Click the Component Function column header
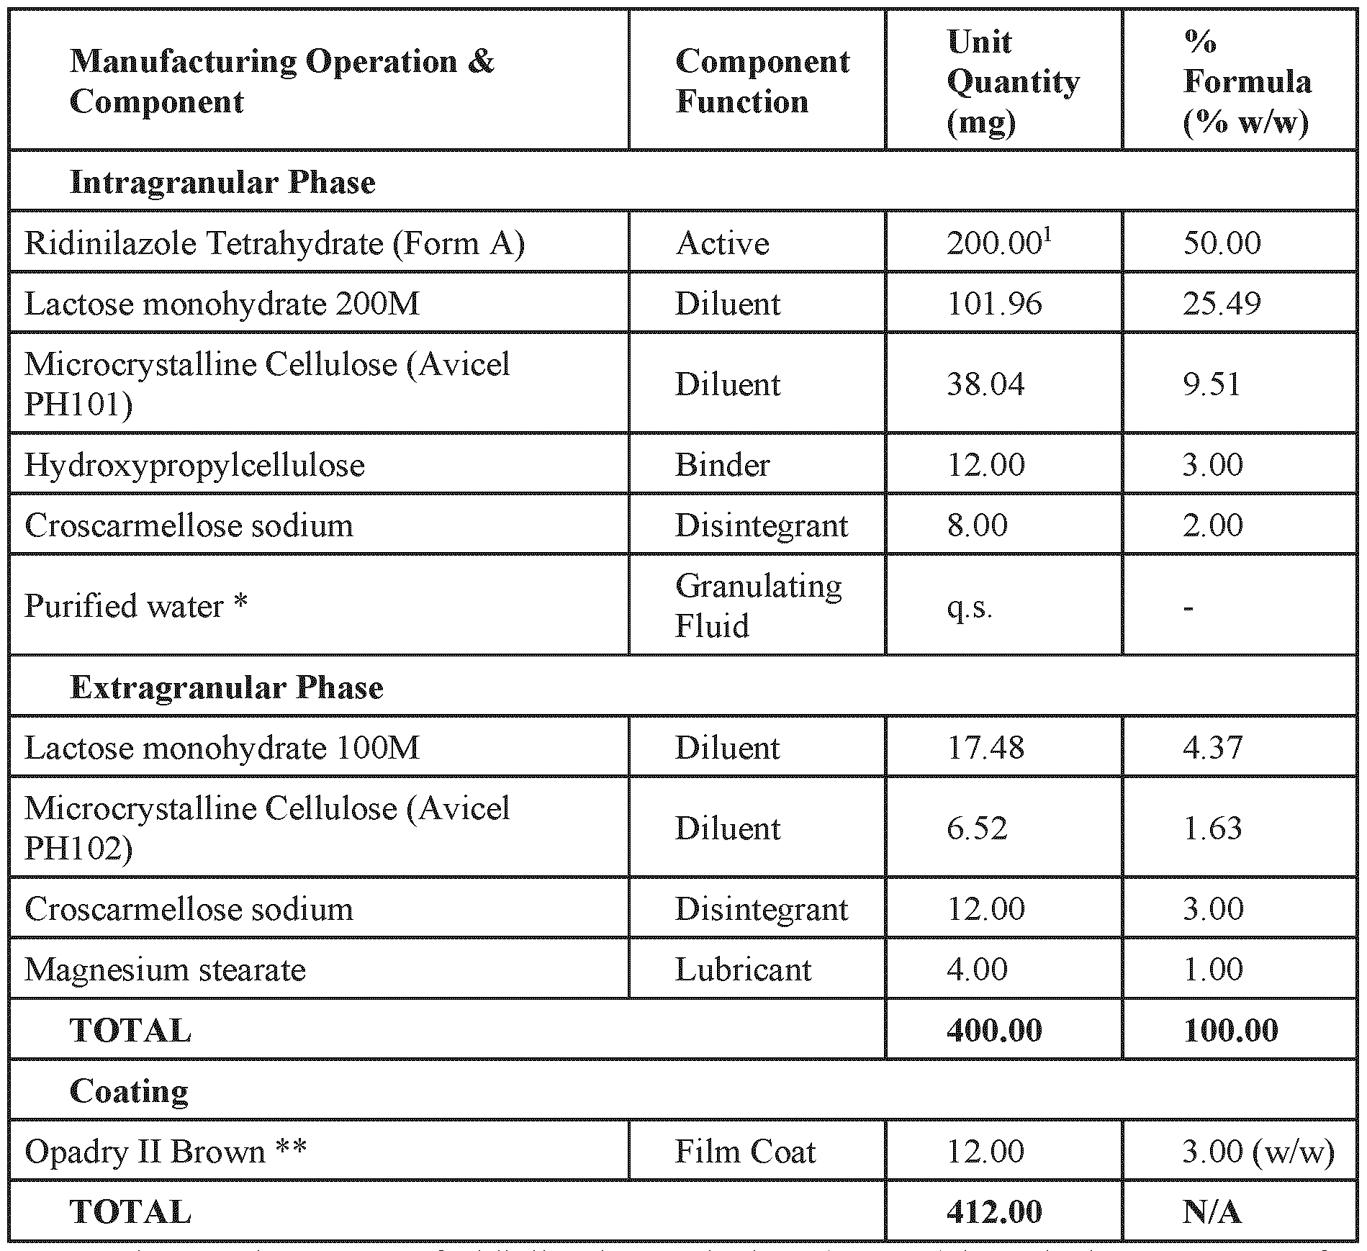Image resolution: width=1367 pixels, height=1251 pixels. click(762, 81)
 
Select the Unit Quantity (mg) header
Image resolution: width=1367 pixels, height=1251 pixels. click(1012, 81)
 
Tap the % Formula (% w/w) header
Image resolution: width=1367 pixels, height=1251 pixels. click(1246, 81)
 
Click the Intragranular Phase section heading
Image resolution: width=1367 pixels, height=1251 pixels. click(222, 182)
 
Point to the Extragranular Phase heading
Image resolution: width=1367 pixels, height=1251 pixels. click(226, 687)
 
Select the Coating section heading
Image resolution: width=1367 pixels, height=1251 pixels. click(129, 1091)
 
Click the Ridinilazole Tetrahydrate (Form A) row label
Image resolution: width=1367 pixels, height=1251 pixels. click(274, 243)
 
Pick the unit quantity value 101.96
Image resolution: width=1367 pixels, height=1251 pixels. click(993, 304)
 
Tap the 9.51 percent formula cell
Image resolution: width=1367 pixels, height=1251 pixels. click(1212, 384)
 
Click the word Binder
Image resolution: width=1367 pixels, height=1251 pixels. click(722, 465)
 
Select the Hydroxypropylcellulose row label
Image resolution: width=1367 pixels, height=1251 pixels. click(194, 465)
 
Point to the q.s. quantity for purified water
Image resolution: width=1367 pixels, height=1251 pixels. click(969, 607)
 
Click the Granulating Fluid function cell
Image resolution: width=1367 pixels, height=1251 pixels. click(757, 605)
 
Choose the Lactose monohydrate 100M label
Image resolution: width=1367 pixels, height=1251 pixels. click(222, 748)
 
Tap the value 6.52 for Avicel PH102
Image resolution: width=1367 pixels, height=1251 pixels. click(976, 828)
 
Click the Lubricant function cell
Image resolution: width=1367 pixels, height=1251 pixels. click(743, 970)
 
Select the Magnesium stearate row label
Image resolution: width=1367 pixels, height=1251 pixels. click(165, 970)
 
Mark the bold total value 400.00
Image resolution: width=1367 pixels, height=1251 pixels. click(993, 1030)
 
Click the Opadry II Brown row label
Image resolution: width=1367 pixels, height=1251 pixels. click(166, 1152)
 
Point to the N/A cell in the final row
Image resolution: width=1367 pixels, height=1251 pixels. click(1212, 1212)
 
